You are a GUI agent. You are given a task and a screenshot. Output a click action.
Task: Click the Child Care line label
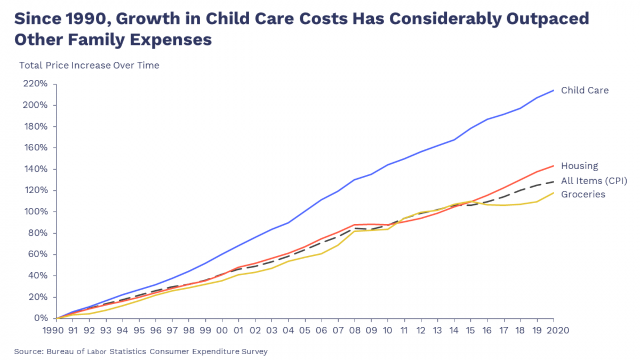[585, 91]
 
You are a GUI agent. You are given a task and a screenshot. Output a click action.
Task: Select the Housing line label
[579, 166]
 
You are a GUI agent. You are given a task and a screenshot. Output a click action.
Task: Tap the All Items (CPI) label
[594, 181]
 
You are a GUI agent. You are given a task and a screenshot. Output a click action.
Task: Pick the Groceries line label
[583, 195]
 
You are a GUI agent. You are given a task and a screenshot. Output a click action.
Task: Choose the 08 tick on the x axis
[354, 330]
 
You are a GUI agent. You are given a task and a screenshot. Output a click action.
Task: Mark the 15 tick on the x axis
[470, 330]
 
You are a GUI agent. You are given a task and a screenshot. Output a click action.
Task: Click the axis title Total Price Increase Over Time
[89, 66]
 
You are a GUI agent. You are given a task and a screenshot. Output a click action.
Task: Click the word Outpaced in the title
[547, 19]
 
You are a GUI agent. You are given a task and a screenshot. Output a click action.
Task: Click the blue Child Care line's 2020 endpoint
[554, 90]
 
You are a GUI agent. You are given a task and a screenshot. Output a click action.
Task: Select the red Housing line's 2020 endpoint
[554, 166]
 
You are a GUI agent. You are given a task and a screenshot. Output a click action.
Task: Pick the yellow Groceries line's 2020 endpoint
[554, 193]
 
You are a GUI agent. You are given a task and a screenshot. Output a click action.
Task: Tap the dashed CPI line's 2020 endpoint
[554, 182]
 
